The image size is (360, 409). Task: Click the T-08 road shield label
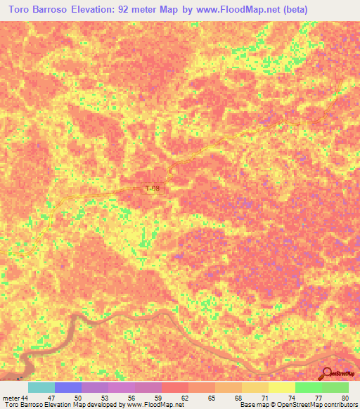tap(153, 189)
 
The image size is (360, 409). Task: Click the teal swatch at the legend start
tap(41, 387)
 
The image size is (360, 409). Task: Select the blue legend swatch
tap(68, 387)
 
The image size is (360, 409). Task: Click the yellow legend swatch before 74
tap(282, 387)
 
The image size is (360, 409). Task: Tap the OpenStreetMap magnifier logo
tap(327, 374)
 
